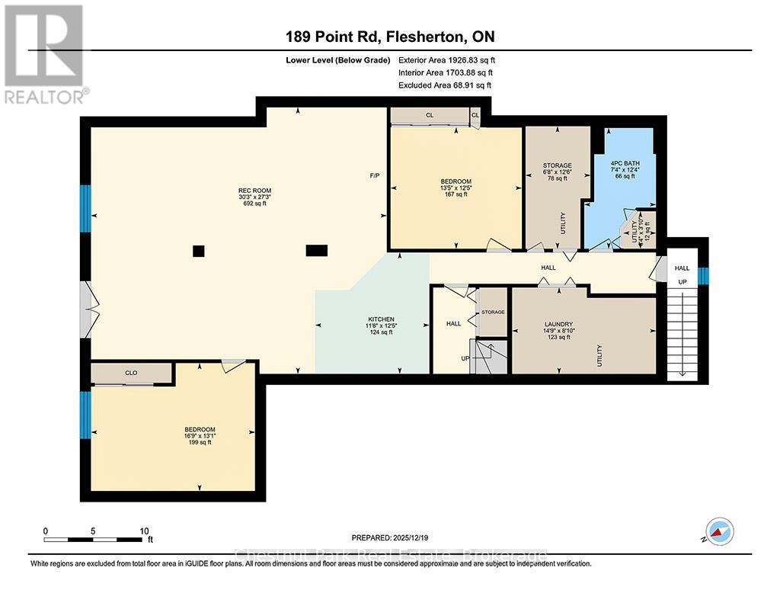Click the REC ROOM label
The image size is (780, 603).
[x=256, y=191]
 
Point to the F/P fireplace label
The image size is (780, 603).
[x=375, y=176]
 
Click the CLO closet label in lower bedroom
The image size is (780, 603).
[x=131, y=374]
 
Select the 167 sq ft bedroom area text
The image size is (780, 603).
[x=456, y=194]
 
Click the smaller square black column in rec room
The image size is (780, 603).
[x=199, y=250]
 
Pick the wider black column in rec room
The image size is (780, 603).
[x=316, y=249]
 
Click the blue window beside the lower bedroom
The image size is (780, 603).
[x=85, y=414]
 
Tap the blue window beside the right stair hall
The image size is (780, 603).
[x=704, y=276]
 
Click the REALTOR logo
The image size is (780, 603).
[x=44, y=53]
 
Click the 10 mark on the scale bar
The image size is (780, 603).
[x=144, y=531]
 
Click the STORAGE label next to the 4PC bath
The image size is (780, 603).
[x=557, y=165]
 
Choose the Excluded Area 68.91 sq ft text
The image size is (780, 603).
[x=445, y=85]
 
